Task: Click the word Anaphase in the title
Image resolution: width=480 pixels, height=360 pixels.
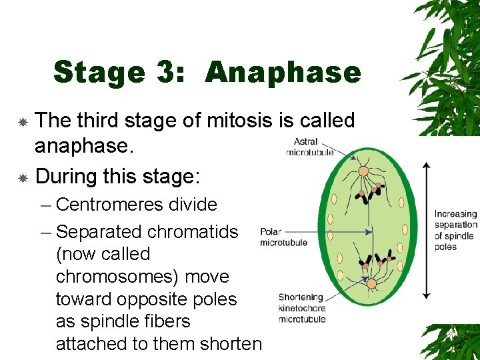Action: click(283, 72)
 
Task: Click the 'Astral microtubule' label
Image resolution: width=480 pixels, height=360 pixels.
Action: click(310, 147)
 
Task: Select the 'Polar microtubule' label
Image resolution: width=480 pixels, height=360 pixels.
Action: click(284, 237)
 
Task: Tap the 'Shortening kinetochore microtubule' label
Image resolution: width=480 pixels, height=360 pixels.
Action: click(302, 308)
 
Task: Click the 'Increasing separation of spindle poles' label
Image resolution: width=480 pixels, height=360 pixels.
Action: click(455, 230)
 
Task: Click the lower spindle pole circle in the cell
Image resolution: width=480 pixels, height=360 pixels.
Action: click(371, 283)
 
